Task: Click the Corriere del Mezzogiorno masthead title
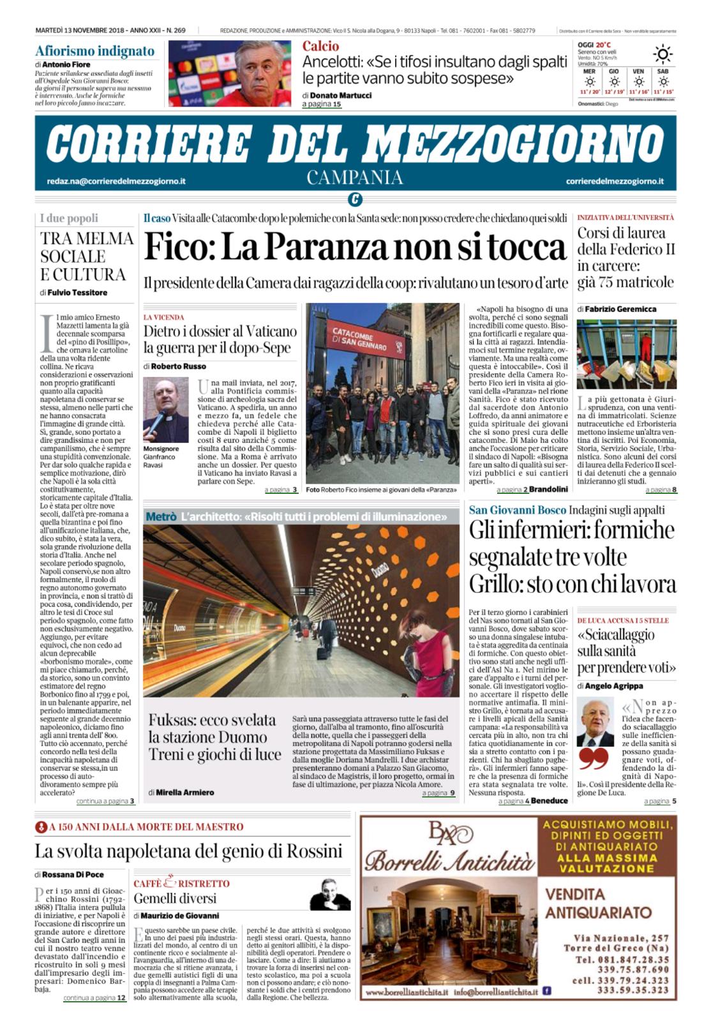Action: point(355,142)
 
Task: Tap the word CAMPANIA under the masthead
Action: point(355,177)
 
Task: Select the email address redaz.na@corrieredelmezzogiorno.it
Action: point(116,182)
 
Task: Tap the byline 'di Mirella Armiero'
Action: point(181,792)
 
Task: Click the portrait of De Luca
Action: point(595,722)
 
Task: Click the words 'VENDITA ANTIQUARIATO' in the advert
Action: point(598,902)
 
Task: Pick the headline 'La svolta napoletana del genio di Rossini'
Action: point(188,851)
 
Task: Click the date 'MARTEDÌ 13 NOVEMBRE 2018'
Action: point(81,31)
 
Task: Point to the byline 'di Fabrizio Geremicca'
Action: point(617,309)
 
